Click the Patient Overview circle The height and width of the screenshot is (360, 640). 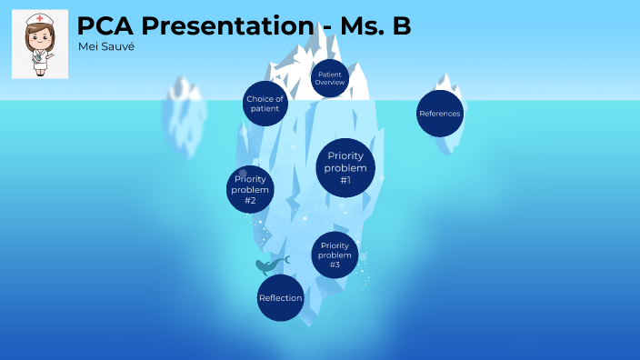pos(329,78)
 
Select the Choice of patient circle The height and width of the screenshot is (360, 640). pos(266,105)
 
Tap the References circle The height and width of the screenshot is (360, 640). pos(439,114)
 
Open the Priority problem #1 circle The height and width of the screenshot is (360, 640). pos(345,168)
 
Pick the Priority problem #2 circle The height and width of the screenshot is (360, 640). pos(250,188)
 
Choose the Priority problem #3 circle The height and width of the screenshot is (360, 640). pos(335,255)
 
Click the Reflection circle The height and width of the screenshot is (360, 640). pos(280,298)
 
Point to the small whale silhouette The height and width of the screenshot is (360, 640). pos(270,265)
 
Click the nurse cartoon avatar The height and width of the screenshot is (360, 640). pos(39,45)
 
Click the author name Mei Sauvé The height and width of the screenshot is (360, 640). pos(105,46)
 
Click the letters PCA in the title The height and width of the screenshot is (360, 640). pos(101,26)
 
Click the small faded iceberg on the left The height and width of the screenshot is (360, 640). pos(183,114)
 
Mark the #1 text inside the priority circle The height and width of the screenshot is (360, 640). pos(345,180)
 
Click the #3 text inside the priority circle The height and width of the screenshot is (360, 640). pos(335,265)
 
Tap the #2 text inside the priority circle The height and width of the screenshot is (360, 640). pos(250,200)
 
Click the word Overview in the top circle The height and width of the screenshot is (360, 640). pos(329,83)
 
